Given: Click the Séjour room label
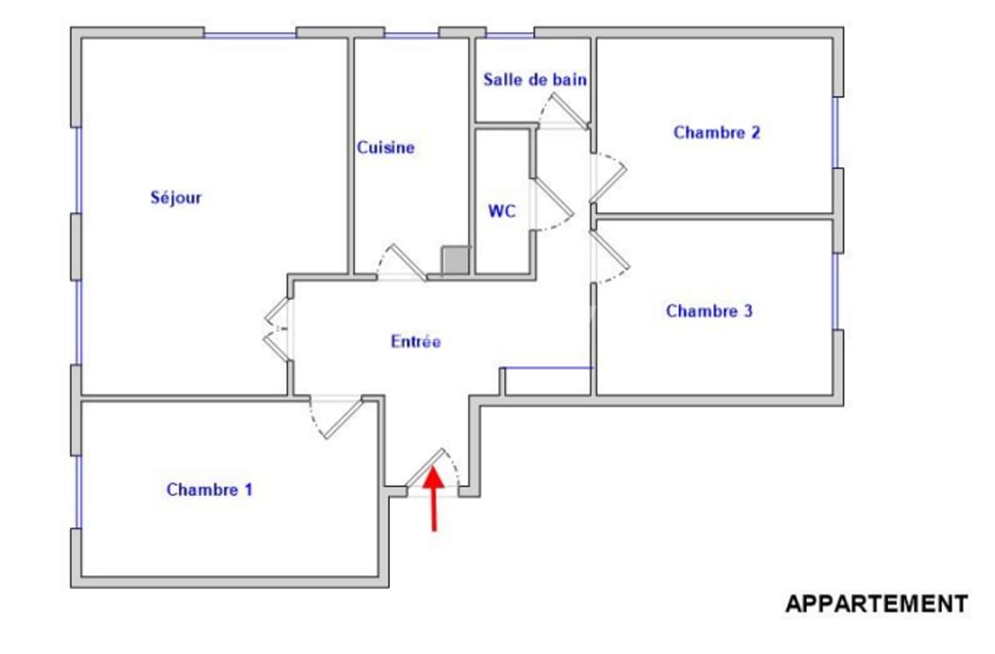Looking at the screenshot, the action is tap(176, 197).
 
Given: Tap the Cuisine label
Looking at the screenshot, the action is tap(386, 148).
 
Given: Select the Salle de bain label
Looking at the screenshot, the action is tap(534, 80).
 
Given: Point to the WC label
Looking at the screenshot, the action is tap(502, 212).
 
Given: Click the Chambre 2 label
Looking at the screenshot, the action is tap(717, 133).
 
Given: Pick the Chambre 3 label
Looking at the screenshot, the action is tap(709, 311).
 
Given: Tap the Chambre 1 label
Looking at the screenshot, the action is tap(209, 489).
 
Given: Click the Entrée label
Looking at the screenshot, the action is tap(416, 342).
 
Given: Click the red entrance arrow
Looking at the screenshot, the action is tap(433, 498).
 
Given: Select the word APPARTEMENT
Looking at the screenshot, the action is tap(876, 603).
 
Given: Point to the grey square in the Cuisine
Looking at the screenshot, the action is tap(456, 261).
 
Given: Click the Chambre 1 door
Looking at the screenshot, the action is tap(343, 419).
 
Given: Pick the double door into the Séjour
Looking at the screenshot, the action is tap(277, 329).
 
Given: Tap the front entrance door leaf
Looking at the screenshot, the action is tap(426, 468).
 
